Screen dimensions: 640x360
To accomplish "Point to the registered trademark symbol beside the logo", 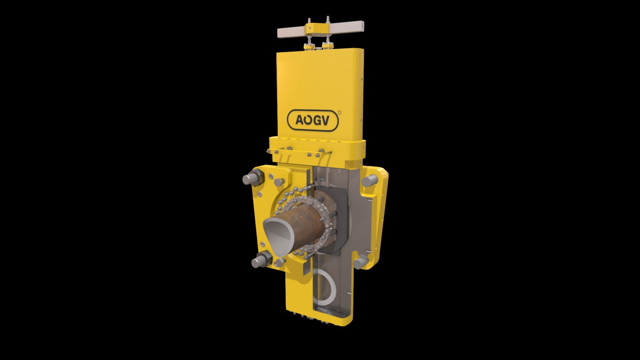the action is pyautogui.click(x=339, y=113).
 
